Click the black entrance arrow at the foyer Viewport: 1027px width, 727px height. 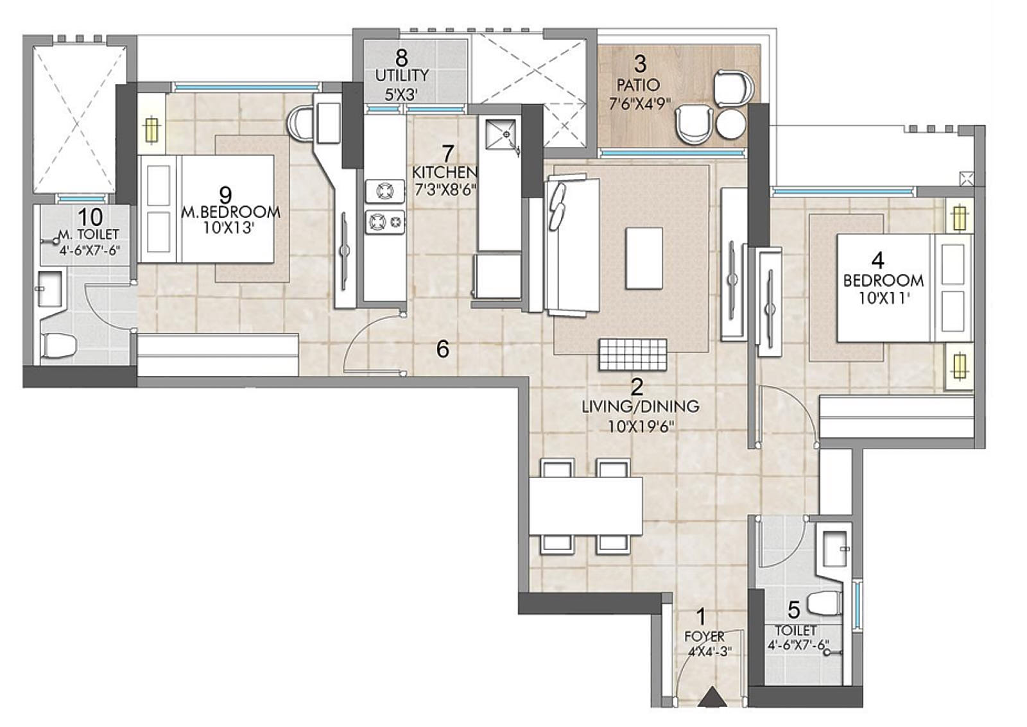[711, 697]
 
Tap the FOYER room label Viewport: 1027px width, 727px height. [704, 637]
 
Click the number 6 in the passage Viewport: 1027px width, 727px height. [442, 349]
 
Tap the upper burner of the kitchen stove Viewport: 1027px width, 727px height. [385, 191]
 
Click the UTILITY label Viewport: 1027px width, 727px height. [402, 75]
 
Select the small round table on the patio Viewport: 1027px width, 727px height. [730, 124]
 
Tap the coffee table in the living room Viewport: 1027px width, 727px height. [644, 258]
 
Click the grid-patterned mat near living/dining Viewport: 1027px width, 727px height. [633, 354]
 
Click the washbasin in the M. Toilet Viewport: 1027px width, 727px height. [49, 288]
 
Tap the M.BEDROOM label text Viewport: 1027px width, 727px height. [230, 212]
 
